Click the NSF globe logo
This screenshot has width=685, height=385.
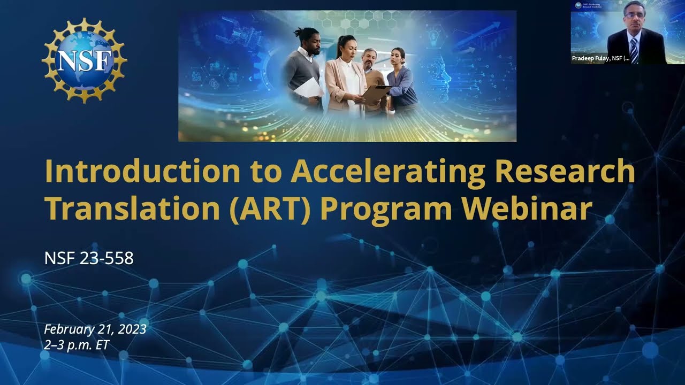click(x=85, y=60)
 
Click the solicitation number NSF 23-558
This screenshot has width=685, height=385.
click(x=89, y=258)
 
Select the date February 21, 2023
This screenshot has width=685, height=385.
click(x=95, y=329)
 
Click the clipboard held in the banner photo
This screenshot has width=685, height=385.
click(x=376, y=94)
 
